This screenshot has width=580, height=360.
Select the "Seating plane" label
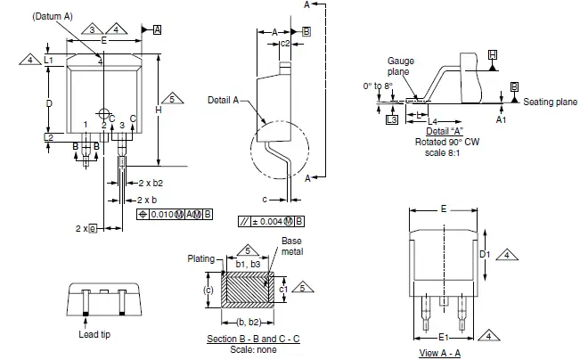point(550,102)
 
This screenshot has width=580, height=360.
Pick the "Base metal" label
point(292,247)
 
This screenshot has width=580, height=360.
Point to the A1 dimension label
point(501,119)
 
